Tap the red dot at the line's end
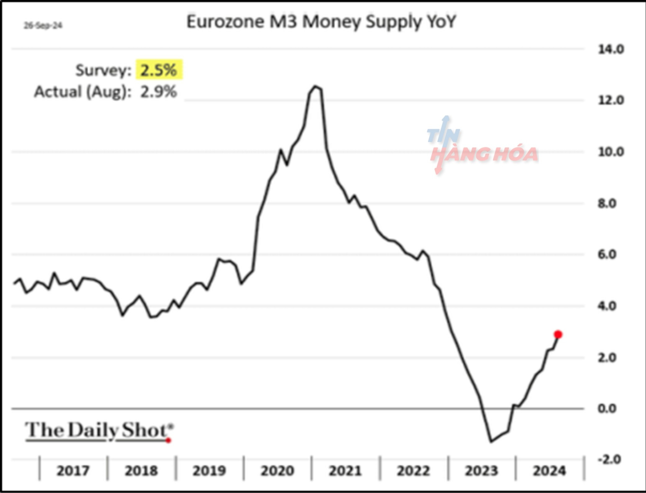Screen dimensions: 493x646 tap(558, 334)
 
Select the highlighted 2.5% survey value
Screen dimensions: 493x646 tap(159, 70)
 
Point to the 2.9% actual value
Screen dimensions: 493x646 tap(158, 92)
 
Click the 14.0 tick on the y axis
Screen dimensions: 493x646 tap(611, 49)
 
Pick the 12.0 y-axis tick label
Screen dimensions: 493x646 tap(611, 100)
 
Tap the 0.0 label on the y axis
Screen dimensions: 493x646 tap(607, 409)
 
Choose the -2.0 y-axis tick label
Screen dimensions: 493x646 tap(609, 460)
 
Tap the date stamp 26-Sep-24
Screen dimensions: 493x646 tap(43, 26)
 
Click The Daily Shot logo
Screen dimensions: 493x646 tap(99, 430)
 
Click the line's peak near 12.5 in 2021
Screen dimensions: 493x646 tap(316, 86)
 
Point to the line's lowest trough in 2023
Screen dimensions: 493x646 tap(491, 441)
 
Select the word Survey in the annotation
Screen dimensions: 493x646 tap(103, 70)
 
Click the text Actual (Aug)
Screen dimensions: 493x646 tap(82, 92)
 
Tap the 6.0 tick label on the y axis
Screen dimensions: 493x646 tap(607, 254)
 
